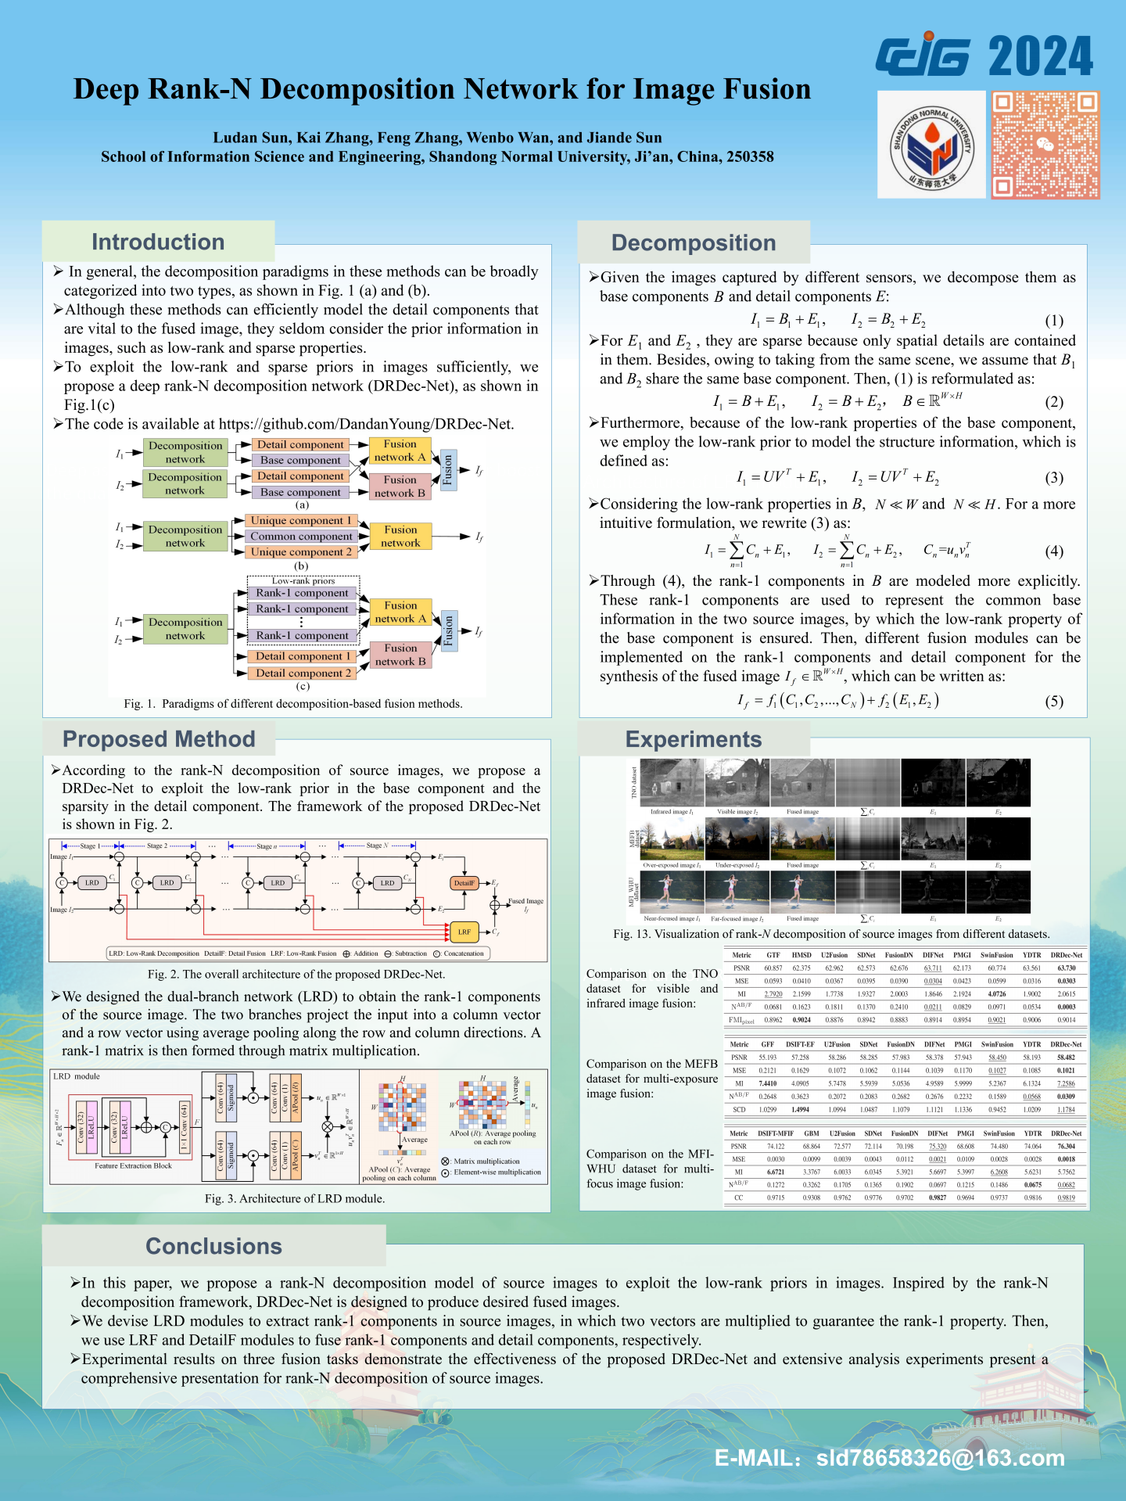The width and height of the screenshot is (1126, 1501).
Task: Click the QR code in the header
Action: click(1045, 144)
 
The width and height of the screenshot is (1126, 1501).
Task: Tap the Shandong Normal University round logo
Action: click(931, 144)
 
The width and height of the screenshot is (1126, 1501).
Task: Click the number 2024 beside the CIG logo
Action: click(1040, 56)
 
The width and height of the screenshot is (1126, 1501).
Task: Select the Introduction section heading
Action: click(158, 242)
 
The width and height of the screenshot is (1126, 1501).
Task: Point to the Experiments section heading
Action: click(693, 739)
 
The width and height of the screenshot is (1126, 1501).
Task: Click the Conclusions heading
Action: click(213, 1246)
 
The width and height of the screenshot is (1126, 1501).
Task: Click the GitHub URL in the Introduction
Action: click(366, 424)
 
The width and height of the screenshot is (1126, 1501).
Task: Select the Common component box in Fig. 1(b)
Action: click(301, 536)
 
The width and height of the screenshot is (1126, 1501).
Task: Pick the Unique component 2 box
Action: click(301, 551)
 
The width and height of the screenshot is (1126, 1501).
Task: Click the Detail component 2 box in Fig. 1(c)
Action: click(303, 673)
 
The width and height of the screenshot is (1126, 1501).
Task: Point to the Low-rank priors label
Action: click(303, 580)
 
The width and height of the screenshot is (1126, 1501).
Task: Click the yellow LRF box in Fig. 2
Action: click(464, 932)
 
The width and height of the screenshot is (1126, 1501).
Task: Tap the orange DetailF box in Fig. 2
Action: click(464, 883)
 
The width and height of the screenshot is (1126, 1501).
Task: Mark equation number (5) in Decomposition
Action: click(1054, 701)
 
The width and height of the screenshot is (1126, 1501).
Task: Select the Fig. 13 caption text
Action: click(831, 934)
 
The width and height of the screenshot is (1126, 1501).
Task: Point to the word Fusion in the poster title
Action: click(766, 89)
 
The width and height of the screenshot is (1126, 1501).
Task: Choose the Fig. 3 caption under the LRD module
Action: click(295, 1198)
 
